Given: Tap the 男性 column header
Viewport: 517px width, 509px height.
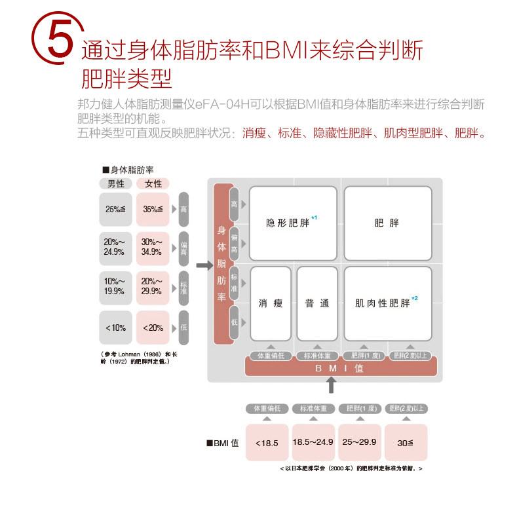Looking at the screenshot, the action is [x=115, y=184].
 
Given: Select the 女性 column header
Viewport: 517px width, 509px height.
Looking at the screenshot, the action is [x=153, y=184].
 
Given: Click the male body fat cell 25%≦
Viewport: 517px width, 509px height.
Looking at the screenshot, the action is [x=115, y=210].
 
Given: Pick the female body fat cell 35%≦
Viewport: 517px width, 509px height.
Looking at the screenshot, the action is [x=153, y=210].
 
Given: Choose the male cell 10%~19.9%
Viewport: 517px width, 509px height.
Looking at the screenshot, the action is [x=115, y=287].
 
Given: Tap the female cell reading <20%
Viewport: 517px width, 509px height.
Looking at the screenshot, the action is [x=153, y=327].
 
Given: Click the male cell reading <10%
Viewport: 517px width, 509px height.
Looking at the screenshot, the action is [x=115, y=327].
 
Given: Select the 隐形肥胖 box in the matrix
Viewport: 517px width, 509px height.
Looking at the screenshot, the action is [x=293, y=223].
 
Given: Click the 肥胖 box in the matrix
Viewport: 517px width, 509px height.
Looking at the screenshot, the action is [x=387, y=223].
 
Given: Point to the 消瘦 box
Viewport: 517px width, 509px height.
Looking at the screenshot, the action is [x=271, y=303].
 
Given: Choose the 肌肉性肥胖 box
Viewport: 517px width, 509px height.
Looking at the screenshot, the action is [x=387, y=303].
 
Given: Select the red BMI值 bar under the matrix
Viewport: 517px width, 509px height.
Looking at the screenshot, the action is [x=340, y=368].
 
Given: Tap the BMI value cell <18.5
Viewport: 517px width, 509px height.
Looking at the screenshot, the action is [x=267, y=442].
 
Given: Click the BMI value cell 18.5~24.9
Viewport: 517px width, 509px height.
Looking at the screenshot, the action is [x=313, y=442].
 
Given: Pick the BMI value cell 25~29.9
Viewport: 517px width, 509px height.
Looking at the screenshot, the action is [x=359, y=442].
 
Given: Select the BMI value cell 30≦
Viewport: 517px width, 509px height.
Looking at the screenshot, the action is [x=406, y=442].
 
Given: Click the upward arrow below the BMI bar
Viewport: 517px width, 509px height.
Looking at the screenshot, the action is [x=332, y=386].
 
